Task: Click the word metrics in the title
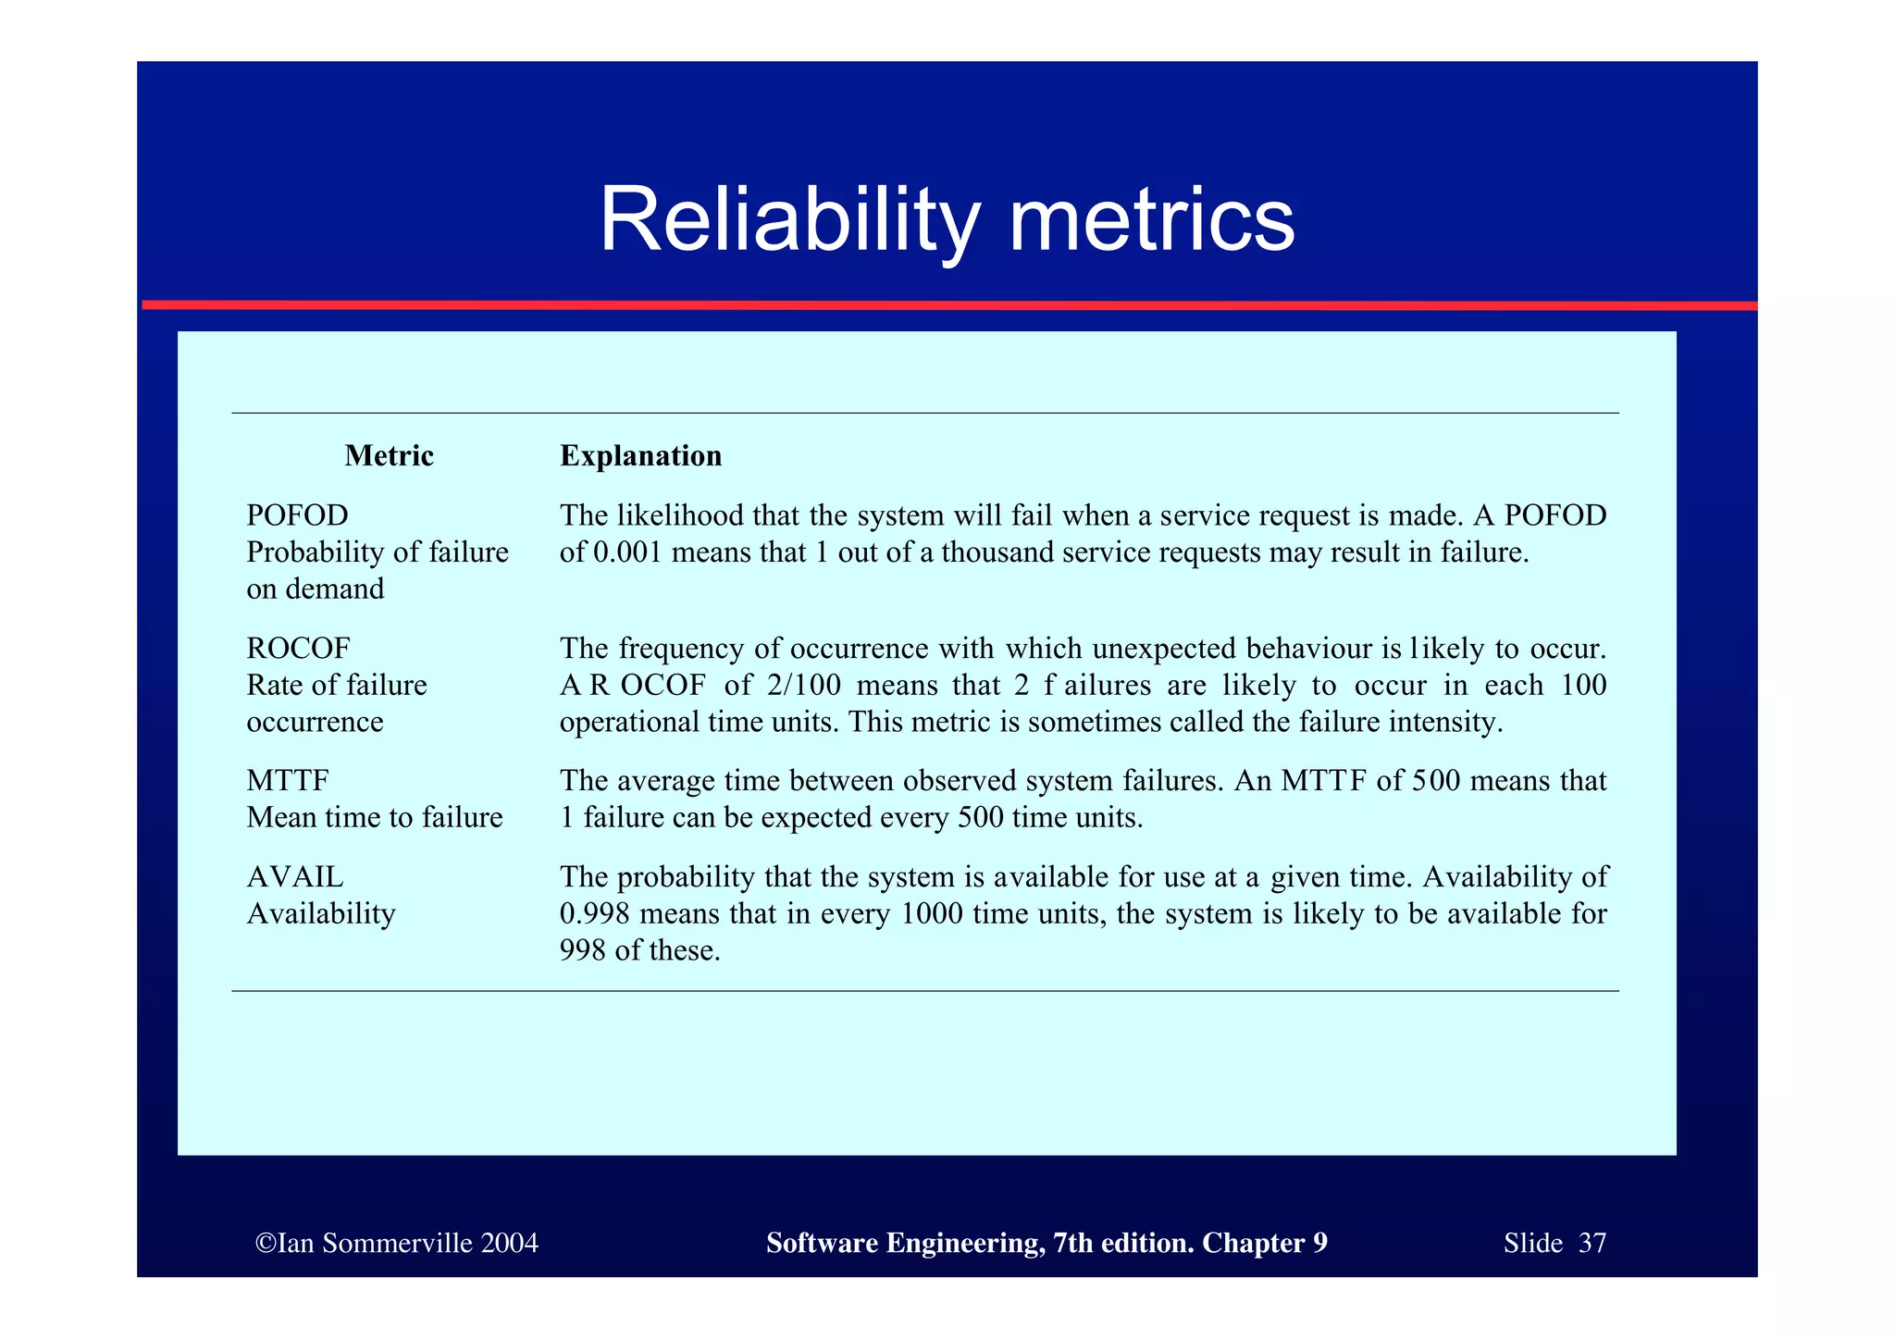click(x=1151, y=220)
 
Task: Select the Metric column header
click(x=389, y=456)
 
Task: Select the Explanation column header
click(x=640, y=456)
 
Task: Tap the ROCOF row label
click(x=298, y=648)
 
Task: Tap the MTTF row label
click(x=288, y=781)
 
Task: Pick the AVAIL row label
click(x=295, y=876)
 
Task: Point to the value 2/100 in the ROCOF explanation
click(x=803, y=686)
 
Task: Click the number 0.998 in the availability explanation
click(x=594, y=914)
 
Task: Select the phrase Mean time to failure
click(x=374, y=818)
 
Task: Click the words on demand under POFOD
click(x=315, y=589)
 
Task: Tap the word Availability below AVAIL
click(x=321, y=914)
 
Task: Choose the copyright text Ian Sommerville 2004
click(x=397, y=1243)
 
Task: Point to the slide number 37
click(x=1592, y=1243)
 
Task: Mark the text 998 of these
click(x=639, y=950)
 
